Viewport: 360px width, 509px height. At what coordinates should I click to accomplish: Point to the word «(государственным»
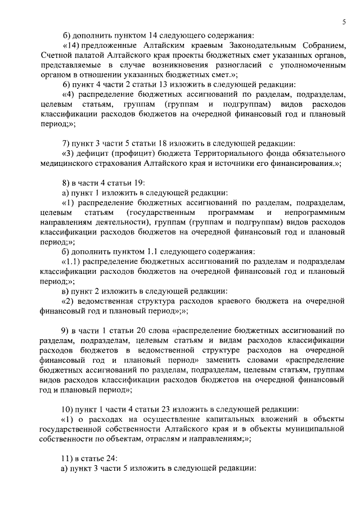161,213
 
